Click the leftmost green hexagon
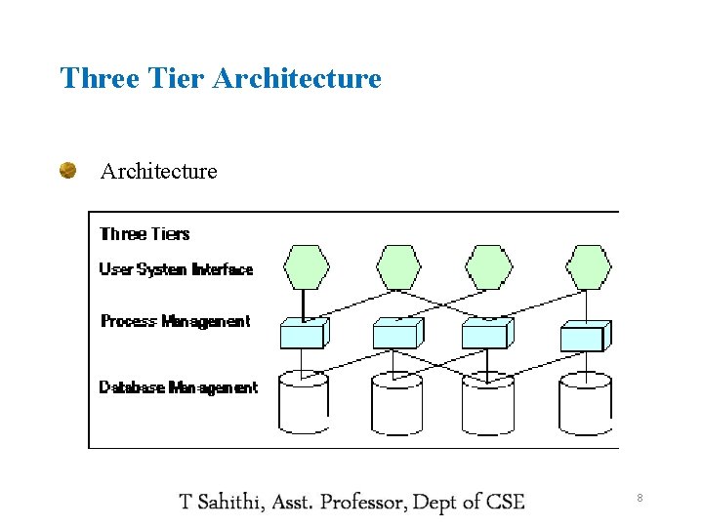[305, 266]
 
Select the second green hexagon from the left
[398, 266]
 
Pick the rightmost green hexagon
[589, 266]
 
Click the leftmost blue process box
[304, 334]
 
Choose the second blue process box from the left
[396, 334]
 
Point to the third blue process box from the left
[486, 334]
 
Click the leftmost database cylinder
[304, 402]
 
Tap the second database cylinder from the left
[396, 403]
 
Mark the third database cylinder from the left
[487, 403]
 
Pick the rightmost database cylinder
[585, 403]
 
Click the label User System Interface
[176, 269]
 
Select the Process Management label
[176, 321]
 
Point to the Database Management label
[179, 387]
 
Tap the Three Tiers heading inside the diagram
[145, 233]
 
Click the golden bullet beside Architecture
[68, 171]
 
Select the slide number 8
[640, 499]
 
